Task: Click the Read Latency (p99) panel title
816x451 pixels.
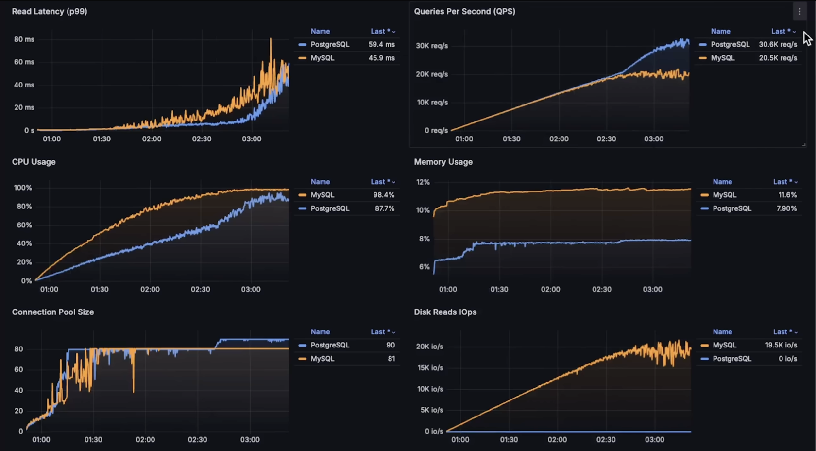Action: [50, 11]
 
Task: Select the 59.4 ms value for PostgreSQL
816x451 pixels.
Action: [381, 44]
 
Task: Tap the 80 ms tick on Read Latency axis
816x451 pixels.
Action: [24, 39]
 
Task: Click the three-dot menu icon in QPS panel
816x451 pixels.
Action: [799, 11]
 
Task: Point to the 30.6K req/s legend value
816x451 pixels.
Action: [778, 44]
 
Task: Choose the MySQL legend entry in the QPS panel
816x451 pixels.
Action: [723, 58]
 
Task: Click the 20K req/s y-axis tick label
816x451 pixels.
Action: [432, 74]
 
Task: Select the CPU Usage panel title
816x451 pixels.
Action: [34, 162]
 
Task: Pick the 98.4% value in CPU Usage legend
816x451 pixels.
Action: [384, 195]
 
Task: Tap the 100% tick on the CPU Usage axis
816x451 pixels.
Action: [23, 188]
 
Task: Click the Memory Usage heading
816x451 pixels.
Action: [443, 162]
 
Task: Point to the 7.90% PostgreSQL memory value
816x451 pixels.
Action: [786, 208]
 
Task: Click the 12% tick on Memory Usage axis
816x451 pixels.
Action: [423, 182]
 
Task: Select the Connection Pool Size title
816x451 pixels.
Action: [53, 312]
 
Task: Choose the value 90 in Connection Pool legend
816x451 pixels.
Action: [391, 345]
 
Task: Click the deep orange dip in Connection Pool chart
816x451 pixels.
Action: [134, 386]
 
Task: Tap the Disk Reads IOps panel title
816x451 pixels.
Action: [445, 312]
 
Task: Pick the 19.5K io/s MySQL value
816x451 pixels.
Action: [781, 345]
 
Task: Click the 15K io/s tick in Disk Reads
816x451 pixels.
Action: [430, 368]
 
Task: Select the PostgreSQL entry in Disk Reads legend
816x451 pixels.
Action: [732, 359]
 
